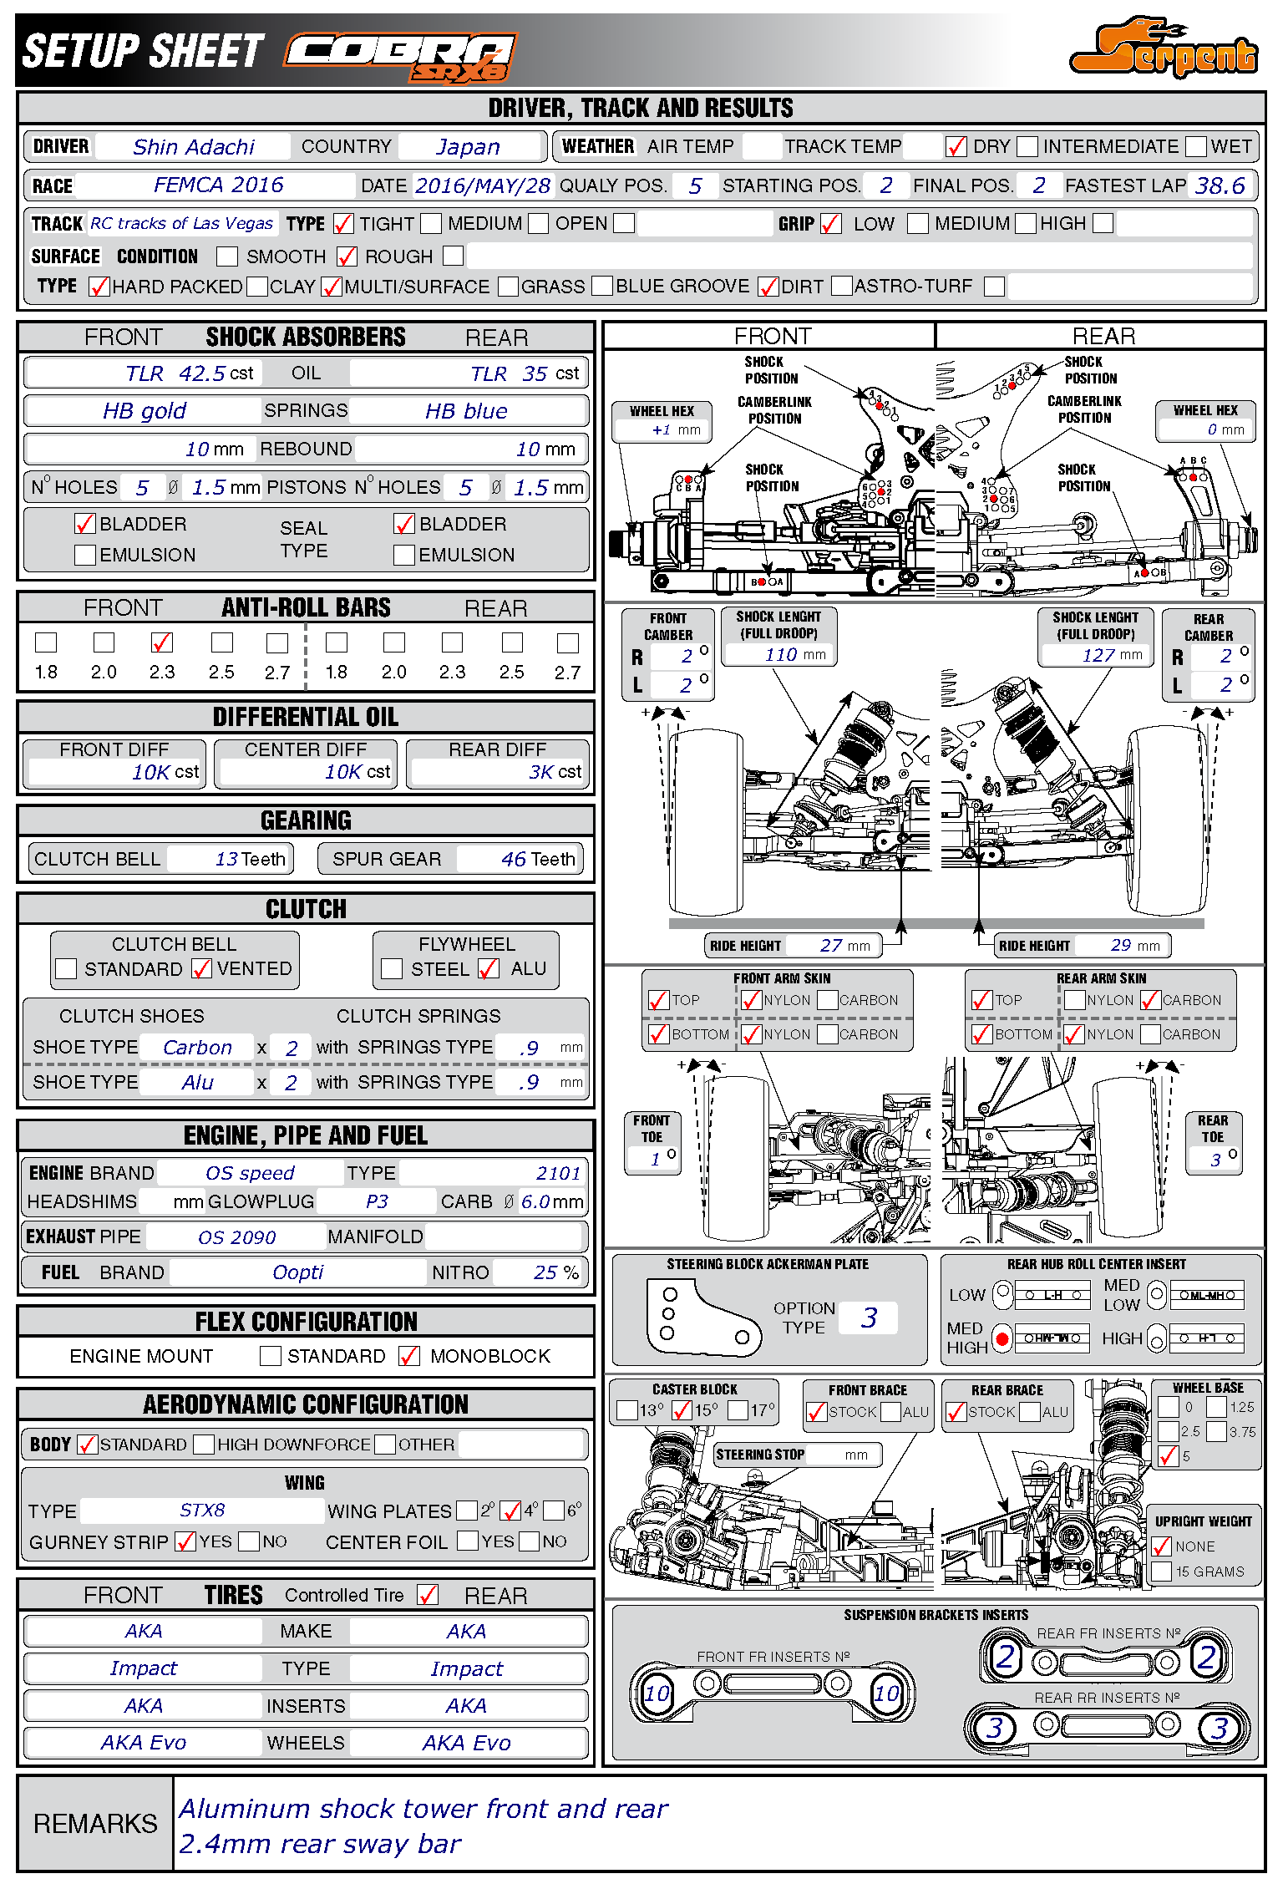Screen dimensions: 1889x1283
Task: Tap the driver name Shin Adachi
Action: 193,147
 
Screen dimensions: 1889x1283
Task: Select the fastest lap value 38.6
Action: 1220,185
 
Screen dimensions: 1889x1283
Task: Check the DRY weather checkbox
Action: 956,147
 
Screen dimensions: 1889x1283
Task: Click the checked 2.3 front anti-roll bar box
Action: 162,642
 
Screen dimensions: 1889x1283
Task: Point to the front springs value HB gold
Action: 144,411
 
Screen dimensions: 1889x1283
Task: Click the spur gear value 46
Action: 513,859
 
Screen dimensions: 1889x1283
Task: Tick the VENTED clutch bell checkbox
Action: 201,968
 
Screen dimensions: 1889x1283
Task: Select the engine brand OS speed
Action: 250,1173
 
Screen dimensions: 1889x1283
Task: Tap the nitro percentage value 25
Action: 545,1272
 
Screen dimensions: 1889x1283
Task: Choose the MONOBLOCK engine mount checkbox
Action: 409,1356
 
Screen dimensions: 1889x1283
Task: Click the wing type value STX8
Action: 202,1511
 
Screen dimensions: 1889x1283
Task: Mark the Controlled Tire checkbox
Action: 428,1595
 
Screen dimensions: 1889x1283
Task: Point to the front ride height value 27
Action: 830,945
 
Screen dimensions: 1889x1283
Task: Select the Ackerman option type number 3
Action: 869,1318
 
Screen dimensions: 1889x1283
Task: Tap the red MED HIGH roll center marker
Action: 1002,1338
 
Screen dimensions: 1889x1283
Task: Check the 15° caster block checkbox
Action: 682,1411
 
